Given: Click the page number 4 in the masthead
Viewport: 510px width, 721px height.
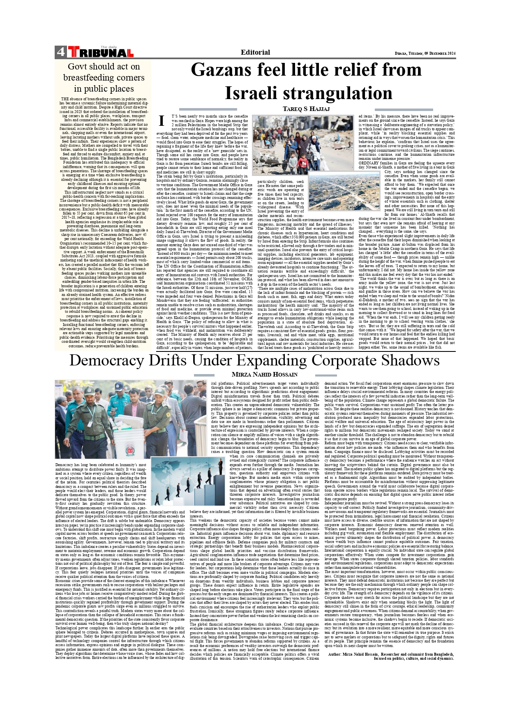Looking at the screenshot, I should click(60, 52).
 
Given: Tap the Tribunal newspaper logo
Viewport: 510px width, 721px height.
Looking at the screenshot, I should click(100, 53).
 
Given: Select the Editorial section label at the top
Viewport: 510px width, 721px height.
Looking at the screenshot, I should click(255, 52).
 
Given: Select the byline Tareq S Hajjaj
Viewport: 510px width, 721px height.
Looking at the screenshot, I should click(306, 109).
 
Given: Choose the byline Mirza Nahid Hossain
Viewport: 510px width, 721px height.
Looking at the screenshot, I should click(265, 374).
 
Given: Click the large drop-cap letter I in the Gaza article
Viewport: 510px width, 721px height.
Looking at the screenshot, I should click(162, 121).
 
